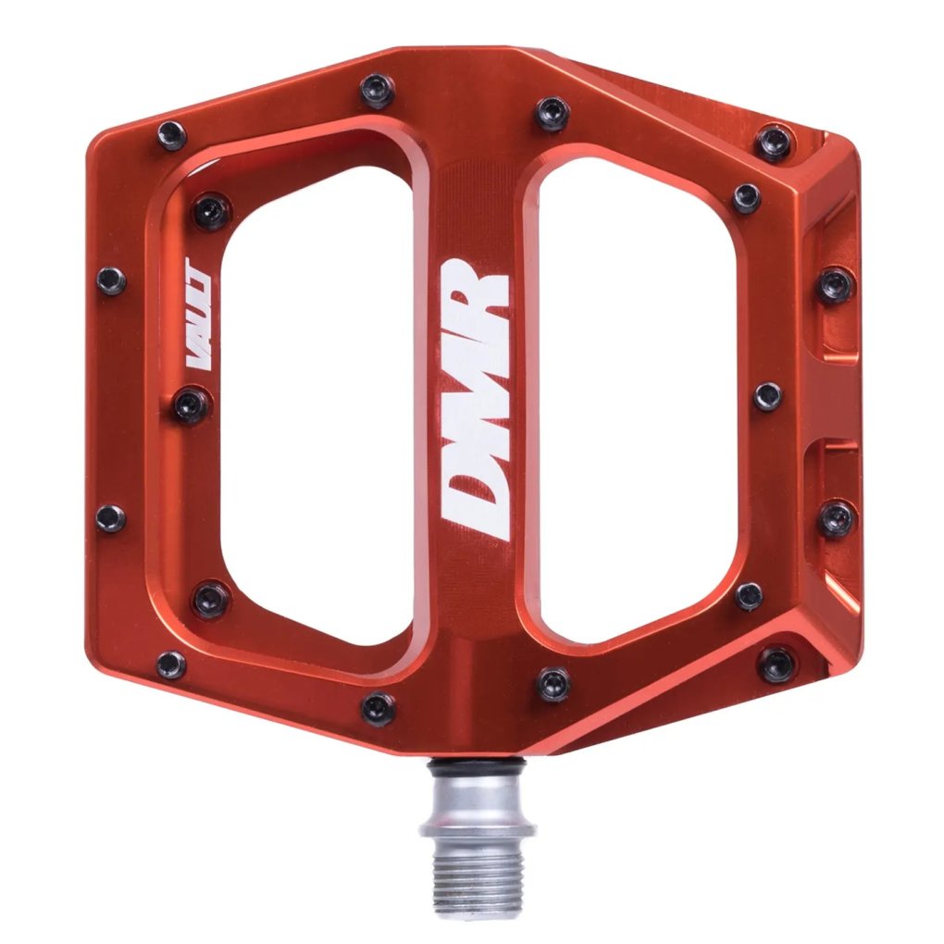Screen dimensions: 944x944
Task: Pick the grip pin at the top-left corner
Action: [171, 135]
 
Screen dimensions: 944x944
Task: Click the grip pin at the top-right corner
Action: [774, 142]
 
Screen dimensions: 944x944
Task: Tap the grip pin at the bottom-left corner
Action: [171, 664]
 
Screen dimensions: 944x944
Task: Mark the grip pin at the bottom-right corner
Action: [776, 664]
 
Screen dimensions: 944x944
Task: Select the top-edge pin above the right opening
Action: [553, 114]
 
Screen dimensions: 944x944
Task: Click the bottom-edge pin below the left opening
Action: [378, 708]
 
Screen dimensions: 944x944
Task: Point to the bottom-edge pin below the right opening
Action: [553, 684]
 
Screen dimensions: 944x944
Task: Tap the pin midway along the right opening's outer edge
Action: [767, 396]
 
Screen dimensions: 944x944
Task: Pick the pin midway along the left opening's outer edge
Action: [192, 404]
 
